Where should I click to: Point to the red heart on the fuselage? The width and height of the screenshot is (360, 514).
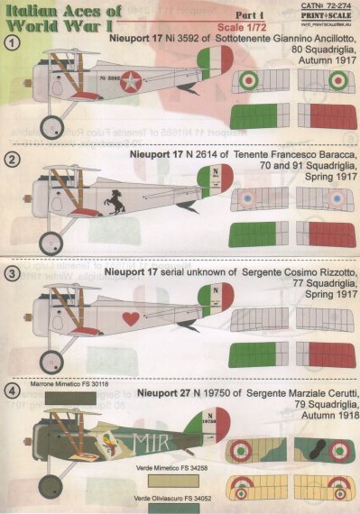(106, 317)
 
